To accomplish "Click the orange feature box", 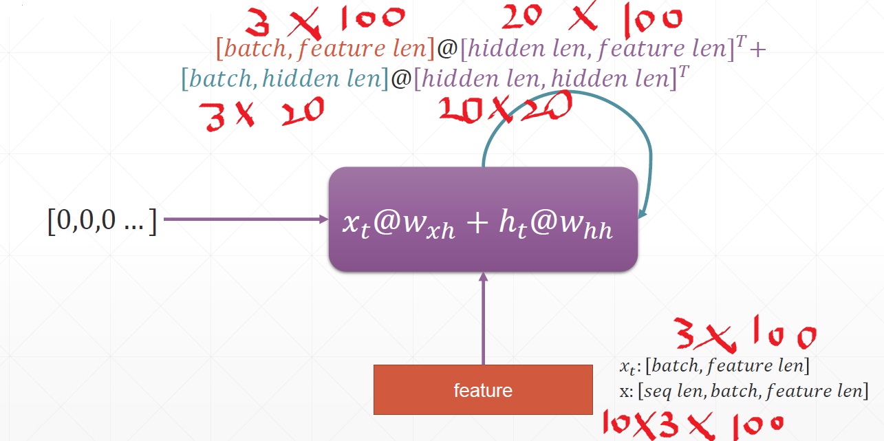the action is [482, 389].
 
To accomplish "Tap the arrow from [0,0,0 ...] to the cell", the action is [244, 219].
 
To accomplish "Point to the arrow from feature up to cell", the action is [483, 316].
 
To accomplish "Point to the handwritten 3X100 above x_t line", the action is [744, 336].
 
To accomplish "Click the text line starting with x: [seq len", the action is [743, 391].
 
